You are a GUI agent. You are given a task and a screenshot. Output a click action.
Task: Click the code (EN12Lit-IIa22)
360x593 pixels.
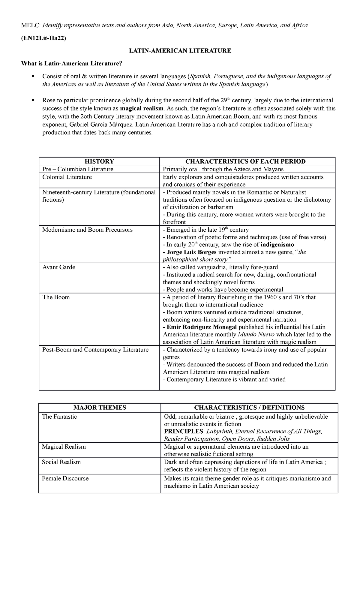(x=43, y=38)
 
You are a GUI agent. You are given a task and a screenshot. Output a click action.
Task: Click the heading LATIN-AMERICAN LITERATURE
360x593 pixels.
(x=180, y=51)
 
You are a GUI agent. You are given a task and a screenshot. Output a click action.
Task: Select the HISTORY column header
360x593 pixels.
(x=99, y=161)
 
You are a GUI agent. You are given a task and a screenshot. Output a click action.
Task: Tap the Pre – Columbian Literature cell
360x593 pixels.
(x=78, y=169)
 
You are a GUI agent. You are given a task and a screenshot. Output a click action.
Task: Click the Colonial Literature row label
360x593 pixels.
(x=67, y=177)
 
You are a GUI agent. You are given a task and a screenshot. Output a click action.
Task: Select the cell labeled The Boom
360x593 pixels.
(x=56, y=297)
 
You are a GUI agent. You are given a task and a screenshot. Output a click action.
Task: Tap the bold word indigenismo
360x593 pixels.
(x=277, y=245)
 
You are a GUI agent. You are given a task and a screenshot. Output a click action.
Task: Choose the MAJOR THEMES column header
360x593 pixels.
(x=100, y=408)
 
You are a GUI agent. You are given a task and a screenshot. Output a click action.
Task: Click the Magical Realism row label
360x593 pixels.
(x=64, y=447)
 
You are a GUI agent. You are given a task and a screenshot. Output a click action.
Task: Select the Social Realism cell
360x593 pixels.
(x=61, y=462)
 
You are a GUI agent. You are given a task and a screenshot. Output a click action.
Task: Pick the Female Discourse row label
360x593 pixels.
(x=65, y=478)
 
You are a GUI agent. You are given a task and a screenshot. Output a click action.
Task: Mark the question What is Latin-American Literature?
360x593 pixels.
(x=72, y=63)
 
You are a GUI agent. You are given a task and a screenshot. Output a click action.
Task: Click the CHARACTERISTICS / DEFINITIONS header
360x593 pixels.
(x=249, y=408)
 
